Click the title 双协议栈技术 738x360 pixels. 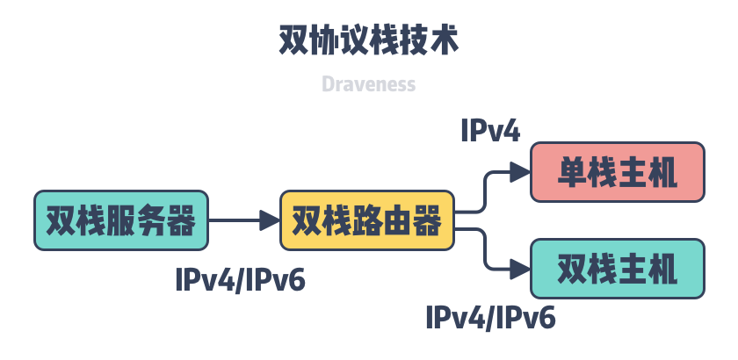point(368,40)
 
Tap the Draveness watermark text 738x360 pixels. point(368,84)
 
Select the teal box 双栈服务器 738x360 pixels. point(121,220)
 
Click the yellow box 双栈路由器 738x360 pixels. point(366,220)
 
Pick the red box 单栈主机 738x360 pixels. point(618,172)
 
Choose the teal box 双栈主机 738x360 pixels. point(618,268)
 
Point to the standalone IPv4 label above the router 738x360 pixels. point(490,131)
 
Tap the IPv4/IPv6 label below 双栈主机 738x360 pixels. point(490,316)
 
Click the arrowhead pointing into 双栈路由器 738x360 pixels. point(269,220)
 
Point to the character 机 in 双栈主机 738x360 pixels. point(662,268)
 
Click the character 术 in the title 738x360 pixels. point(443,40)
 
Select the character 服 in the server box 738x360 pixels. point(121,220)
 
